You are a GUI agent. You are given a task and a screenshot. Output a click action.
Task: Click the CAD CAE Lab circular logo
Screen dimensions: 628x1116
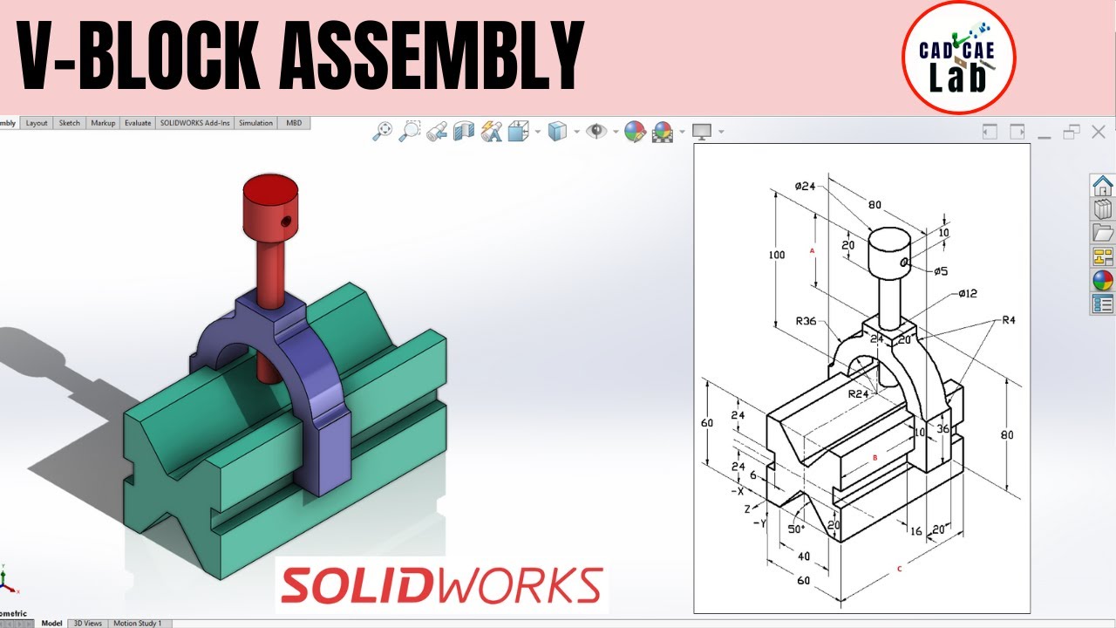(x=958, y=58)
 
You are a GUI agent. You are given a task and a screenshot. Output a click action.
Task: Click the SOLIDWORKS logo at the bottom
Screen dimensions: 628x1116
(x=441, y=585)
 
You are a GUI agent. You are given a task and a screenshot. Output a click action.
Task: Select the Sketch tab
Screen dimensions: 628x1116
(x=69, y=123)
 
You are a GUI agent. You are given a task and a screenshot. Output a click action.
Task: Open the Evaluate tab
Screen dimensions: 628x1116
(x=137, y=123)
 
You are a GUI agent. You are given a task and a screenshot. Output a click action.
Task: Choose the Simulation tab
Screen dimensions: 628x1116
(x=255, y=123)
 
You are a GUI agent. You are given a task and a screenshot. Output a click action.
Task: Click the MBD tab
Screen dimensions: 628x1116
(x=294, y=123)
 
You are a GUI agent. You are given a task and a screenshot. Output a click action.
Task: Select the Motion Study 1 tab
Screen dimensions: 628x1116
(x=137, y=623)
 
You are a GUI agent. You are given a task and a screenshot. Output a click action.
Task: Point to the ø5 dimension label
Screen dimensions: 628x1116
(x=939, y=271)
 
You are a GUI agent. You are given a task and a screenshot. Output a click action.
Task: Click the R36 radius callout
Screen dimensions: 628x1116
(x=806, y=321)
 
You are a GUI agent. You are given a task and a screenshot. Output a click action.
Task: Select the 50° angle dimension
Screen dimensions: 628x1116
(x=796, y=529)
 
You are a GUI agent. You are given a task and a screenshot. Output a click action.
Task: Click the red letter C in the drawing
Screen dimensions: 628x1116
(x=899, y=570)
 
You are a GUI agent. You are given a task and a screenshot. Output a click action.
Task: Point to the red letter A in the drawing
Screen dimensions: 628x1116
(x=812, y=250)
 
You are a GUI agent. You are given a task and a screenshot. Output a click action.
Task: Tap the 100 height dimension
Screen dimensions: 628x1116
(x=775, y=255)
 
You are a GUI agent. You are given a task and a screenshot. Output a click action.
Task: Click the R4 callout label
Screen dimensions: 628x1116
(x=1008, y=320)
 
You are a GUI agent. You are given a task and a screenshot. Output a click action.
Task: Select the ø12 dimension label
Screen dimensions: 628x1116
(x=967, y=293)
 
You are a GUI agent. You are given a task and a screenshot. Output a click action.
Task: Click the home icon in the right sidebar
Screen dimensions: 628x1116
(x=1102, y=186)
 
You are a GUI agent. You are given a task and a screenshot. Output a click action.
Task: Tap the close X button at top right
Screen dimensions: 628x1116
(x=1099, y=132)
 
